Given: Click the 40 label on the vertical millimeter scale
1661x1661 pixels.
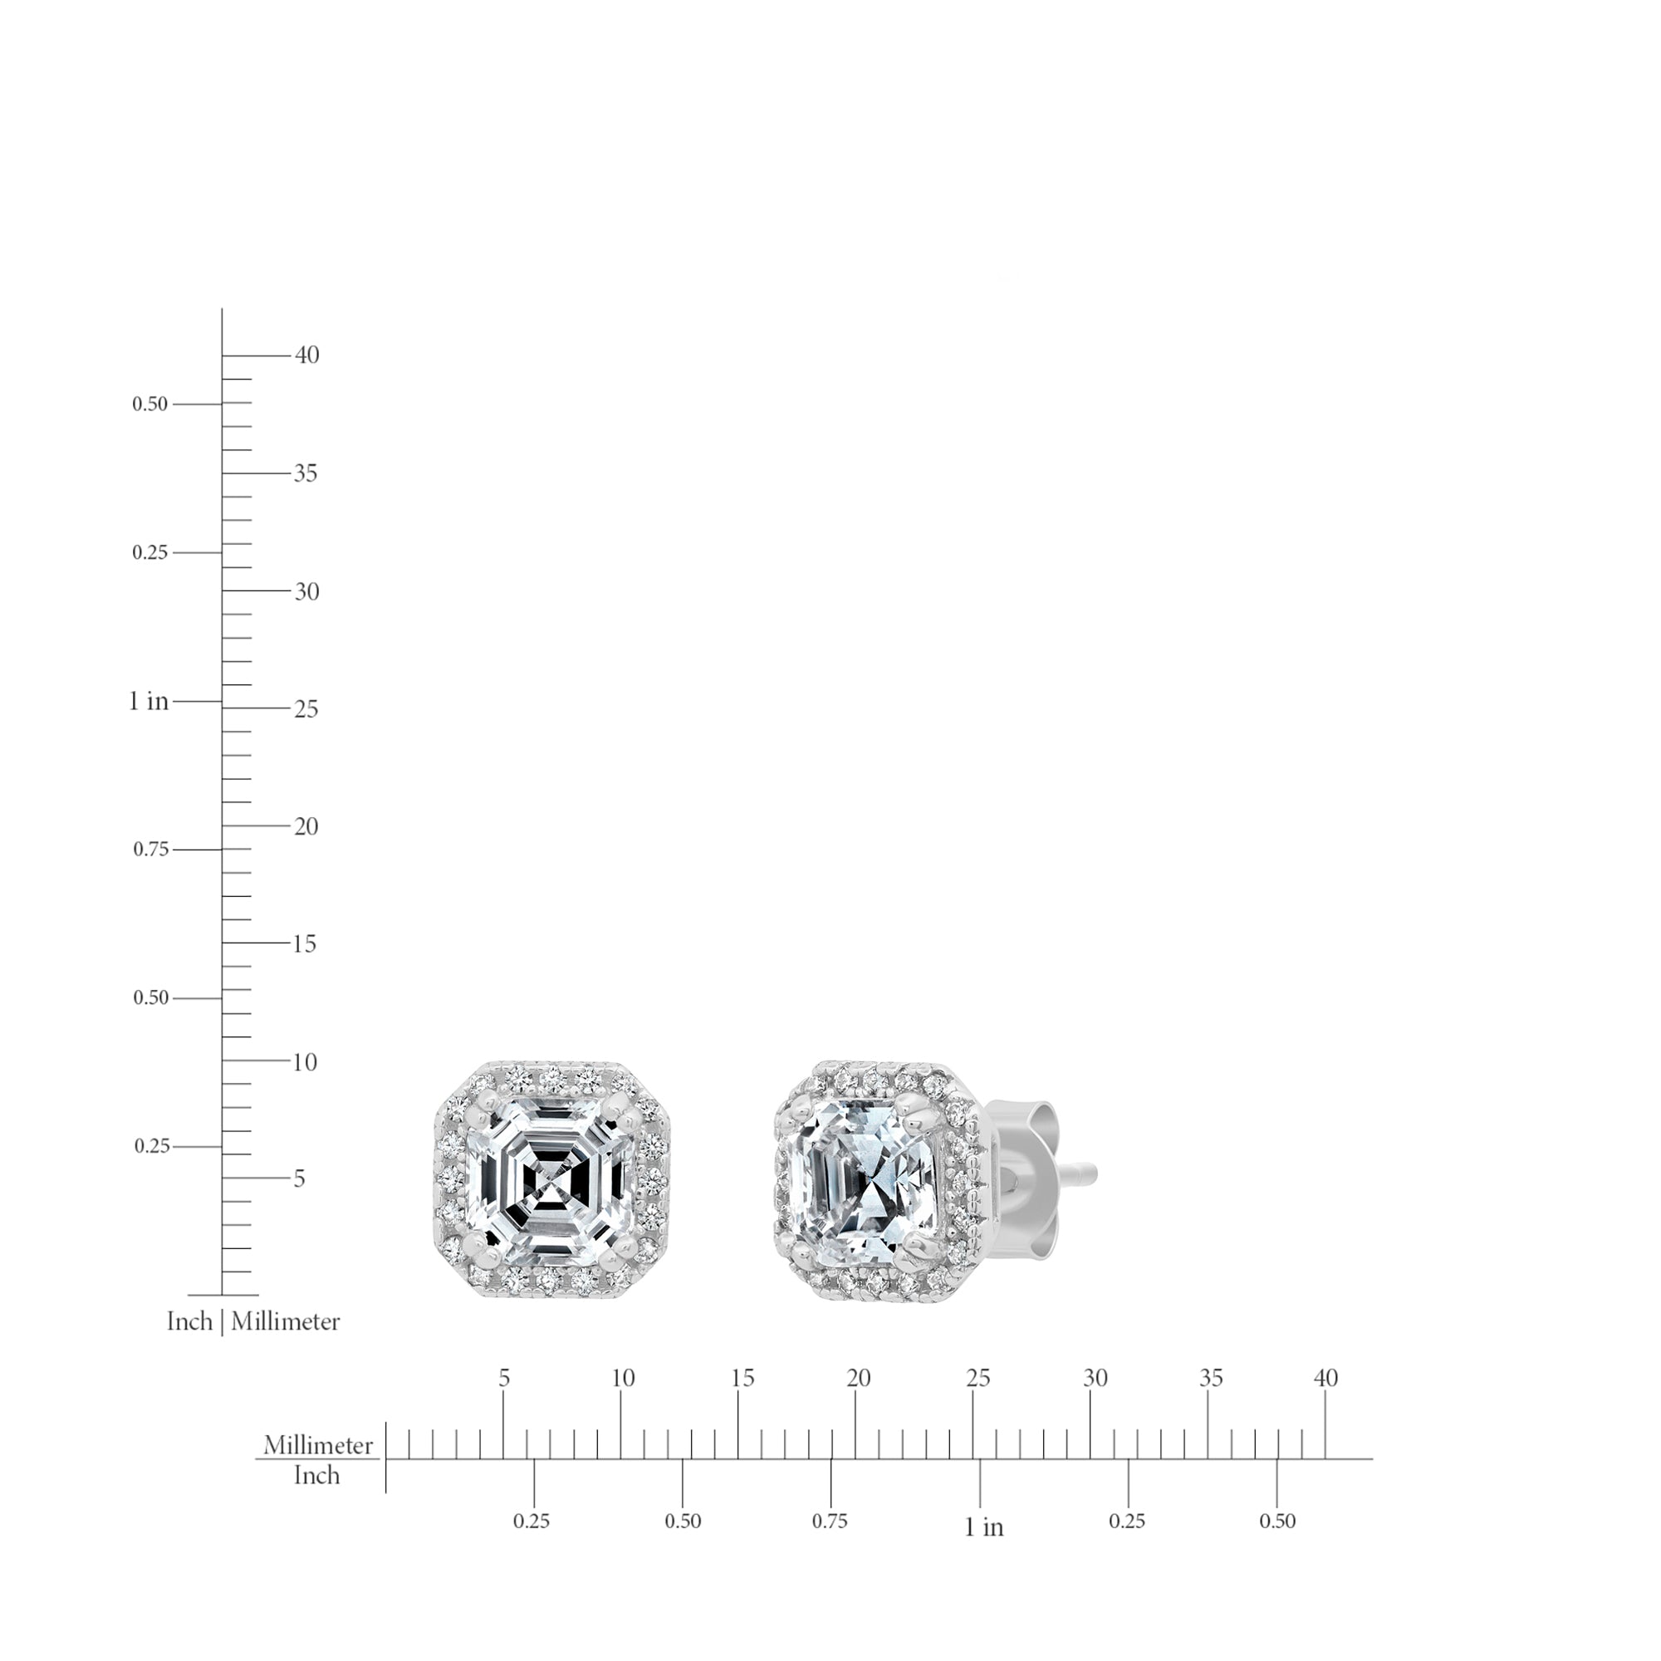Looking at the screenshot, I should click(307, 355).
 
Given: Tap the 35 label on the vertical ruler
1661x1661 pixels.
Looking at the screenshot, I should click(305, 473).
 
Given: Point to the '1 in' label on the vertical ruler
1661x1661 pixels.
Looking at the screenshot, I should click(149, 702).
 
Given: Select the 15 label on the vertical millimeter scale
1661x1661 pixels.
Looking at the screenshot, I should click(304, 944).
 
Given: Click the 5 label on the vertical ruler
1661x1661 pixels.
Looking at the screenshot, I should click(298, 1178).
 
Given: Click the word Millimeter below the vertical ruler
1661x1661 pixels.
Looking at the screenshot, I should click(286, 1321).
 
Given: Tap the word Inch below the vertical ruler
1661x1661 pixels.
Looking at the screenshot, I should click(189, 1321).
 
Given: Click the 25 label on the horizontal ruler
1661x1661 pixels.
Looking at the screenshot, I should click(978, 1378).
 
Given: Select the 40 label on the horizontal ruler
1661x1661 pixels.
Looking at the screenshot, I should click(1325, 1378).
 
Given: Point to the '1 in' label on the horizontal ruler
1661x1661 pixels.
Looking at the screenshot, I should click(983, 1527).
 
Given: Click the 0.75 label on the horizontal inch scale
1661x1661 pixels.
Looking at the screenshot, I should click(830, 1521).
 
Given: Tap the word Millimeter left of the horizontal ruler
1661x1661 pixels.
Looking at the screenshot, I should click(318, 1445).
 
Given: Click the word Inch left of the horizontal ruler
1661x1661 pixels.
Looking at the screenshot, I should click(316, 1475).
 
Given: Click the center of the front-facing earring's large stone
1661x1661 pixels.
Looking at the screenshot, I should click(551, 1178).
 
